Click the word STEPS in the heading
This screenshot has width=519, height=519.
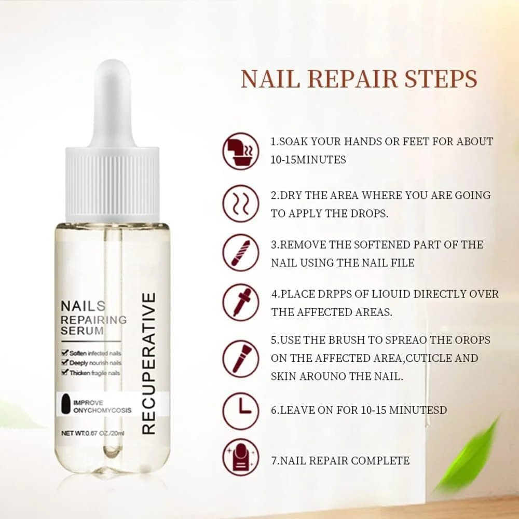tap(441, 79)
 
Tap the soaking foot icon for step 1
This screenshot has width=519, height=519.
tap(241, 151)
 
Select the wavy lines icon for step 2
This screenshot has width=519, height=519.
tap(241, 203)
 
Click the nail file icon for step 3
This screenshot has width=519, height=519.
tap(241, 253)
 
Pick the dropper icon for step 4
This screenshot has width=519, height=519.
tap(241, 302)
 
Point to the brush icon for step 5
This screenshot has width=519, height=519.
tap(241, 359)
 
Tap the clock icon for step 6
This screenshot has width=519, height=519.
tap(241, 411)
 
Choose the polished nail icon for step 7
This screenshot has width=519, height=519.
tap(241, 457)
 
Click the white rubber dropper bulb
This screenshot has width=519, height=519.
tap(112, 103)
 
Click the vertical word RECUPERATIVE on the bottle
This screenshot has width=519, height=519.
tap(148, 363)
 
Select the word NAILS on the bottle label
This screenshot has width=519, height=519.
tap(83, 306)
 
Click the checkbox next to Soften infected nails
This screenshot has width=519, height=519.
tap(65, 352)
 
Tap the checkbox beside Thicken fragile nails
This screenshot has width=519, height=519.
tap(65, 372)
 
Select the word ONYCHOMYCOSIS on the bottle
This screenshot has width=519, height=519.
tap(102, 411)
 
